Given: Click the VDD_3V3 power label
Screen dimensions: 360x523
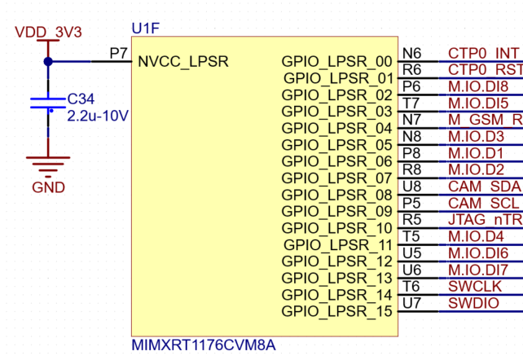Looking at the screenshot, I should coord(48,32).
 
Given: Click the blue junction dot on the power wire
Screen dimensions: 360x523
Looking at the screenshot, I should coord(48,61).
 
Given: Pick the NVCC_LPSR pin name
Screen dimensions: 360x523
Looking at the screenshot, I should coord(183,61).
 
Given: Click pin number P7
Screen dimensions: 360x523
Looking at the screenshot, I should coord(119,52).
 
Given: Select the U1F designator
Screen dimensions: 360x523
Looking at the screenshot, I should coord(146,29).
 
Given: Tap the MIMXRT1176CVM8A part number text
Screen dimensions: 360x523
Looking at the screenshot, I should coord(203,345).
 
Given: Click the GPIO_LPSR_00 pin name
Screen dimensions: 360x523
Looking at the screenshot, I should coord(336,61).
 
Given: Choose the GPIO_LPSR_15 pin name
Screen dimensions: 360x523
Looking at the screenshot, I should coord(336,311).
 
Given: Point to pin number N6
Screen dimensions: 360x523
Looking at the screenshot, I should coord(411,53).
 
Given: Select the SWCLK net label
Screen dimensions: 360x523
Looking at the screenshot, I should coord(470,286).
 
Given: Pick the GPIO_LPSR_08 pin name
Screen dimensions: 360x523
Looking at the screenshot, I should coord(336,195).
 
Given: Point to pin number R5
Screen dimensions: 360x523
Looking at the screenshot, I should coord(411,219).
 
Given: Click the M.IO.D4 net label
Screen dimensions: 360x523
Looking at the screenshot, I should coord(476,236).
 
